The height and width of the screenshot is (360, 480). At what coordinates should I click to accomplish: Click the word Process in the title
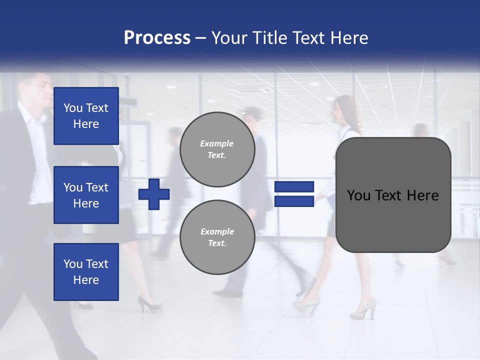[x=157, y=38]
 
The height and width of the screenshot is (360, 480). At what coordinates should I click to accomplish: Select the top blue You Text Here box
[x=86, y=116]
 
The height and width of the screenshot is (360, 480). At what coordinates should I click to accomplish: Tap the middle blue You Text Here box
[x=86, y=195]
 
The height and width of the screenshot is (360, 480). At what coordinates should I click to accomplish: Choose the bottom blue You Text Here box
[x=86, y=272]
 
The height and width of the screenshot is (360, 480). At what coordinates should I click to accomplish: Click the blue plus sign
[x=154, y=194]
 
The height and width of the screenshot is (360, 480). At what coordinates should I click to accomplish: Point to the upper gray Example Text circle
[x=217, y=149]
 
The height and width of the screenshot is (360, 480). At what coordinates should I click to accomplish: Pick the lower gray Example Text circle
[x=217, y=237]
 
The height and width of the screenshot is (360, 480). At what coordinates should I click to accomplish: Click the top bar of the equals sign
[x=294, y=187]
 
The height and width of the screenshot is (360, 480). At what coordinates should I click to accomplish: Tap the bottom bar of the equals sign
[x=294, y=201]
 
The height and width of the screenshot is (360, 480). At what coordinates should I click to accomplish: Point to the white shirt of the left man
[x=35, y=150]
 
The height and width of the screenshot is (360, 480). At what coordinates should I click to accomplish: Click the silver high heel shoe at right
[x=364, y=309]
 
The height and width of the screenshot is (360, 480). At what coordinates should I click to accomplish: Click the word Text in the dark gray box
[x=389, y=195]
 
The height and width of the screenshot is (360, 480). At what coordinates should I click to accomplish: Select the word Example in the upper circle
[x=217, y=143]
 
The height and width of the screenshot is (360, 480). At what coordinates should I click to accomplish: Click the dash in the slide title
[x=200, y=38]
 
